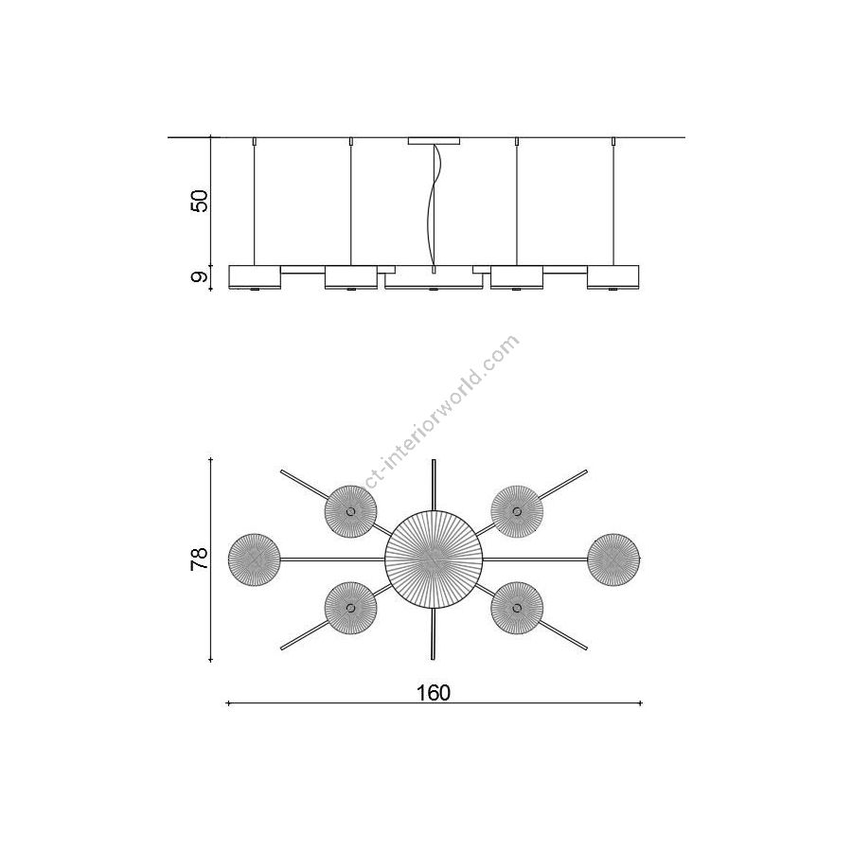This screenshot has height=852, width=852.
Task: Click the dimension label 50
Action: pyautogui.click(x=200, y=201)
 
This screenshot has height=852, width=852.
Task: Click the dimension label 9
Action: pyautogui.click(x=200, y=277)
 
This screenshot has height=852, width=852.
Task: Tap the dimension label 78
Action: pyautogui.click(x=200, y=559)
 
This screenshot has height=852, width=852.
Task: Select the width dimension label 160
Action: pyautogui.click(x=434, y=693)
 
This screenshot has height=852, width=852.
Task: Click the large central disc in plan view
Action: pyautogui.click(x=434, y=559)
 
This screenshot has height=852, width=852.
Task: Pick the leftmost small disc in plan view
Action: pyautogui.click(x=255, y=559)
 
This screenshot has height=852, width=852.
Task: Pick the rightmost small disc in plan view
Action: pyautogui.click(x=614, y=559)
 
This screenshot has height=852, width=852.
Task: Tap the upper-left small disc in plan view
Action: pyautogui.click(x=350, y=512)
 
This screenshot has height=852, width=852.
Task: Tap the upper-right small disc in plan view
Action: pyautogui.click(x=517, y=512)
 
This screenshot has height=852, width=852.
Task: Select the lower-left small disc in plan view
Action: pyautogui.click(x=350, y=608)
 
